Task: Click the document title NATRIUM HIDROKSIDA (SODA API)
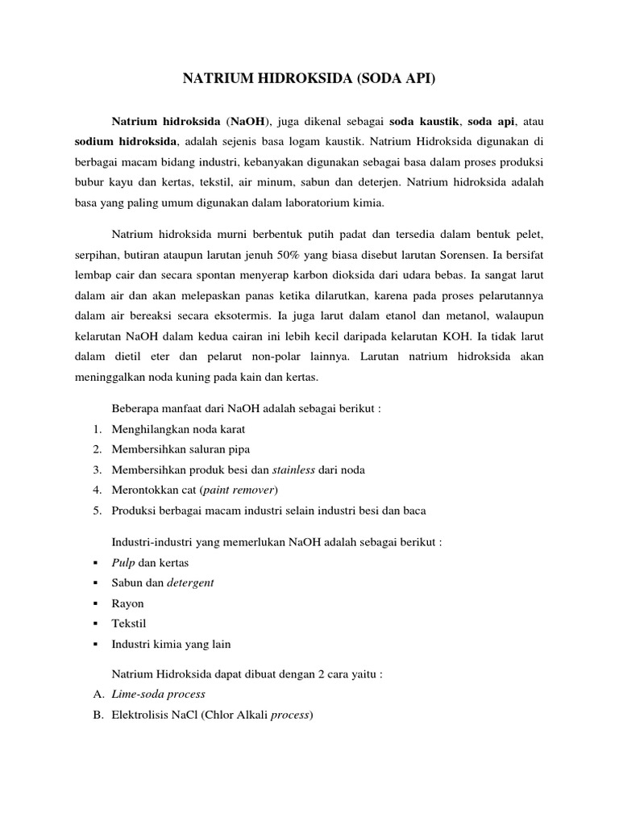[x=309, y=79]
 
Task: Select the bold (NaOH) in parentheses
[x=250, y=122]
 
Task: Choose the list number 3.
[x=97, y=469]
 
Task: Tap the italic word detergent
[x=190, y=582]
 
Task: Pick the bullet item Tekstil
[x=129, y=624]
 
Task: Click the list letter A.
[x=97, y=694]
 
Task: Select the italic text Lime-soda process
[x=159, y=694]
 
